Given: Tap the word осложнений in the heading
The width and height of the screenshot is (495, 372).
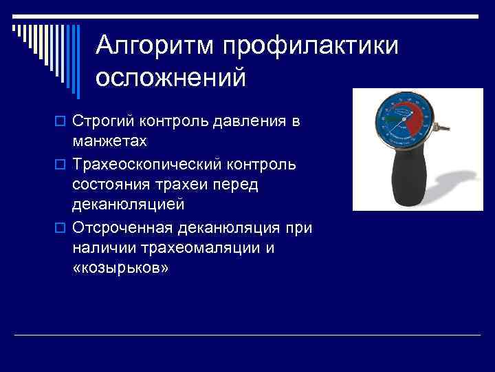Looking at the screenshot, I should coord(170,77).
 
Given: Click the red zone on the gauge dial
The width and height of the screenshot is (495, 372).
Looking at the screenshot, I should coord(415,120).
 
